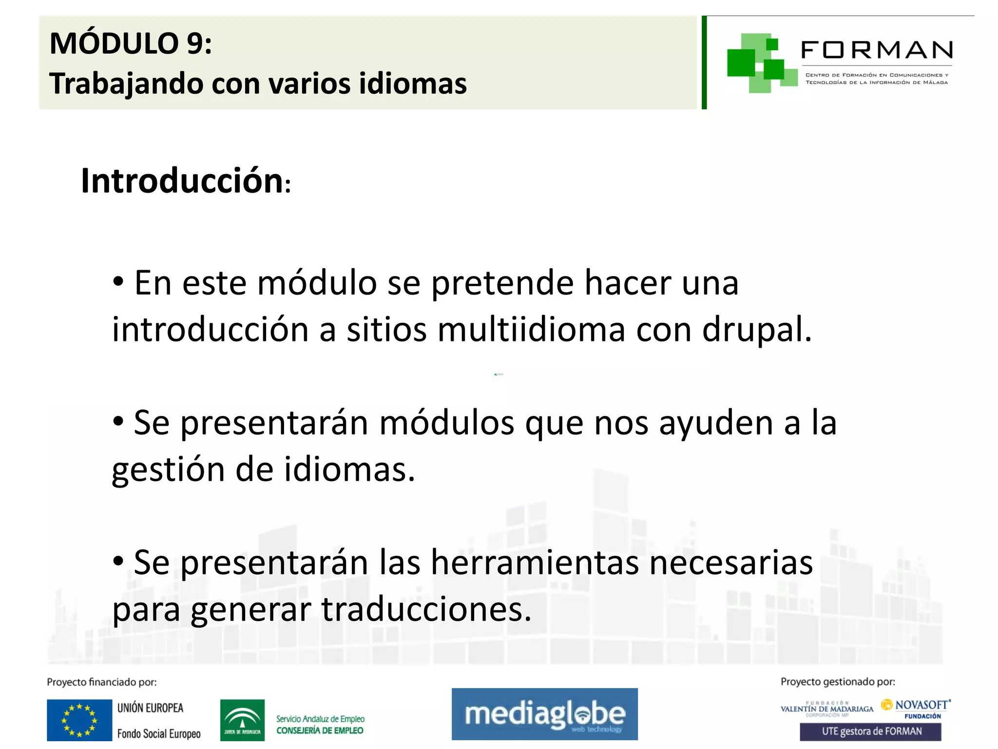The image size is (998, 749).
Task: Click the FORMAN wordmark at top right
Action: (877, 50)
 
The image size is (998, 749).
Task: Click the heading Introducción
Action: (182, 181)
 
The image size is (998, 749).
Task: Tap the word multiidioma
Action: (531, 330)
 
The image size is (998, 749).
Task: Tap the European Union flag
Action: (79, 720)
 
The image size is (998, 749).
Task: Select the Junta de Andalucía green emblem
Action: (242, 720)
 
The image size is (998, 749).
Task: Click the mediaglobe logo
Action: (544, 714)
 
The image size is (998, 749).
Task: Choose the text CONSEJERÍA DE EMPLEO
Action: (320, 730)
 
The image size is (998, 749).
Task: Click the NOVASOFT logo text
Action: (921, 705)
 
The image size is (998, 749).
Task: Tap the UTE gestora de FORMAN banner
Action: (870, 731)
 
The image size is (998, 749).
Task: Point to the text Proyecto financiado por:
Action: (102, 682)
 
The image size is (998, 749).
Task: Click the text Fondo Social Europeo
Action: (159, 734)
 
